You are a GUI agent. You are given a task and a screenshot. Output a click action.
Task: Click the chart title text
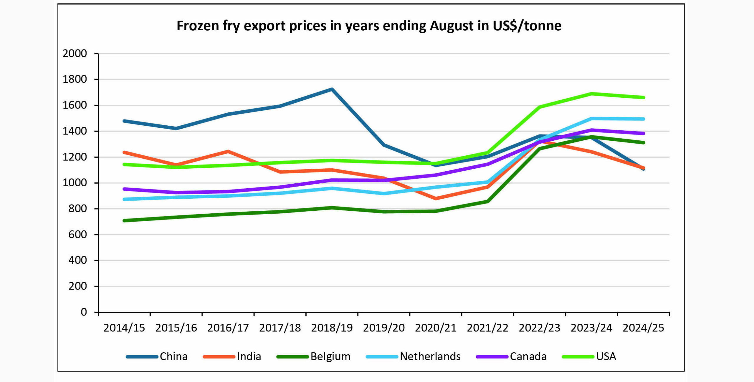[369, 26]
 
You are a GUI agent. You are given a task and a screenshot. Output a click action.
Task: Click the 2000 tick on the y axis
[75, 54]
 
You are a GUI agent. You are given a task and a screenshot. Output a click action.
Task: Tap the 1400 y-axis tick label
[75, 131]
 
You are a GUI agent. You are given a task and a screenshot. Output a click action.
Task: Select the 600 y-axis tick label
[78, 235]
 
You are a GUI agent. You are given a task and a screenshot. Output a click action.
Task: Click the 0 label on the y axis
[84, 312]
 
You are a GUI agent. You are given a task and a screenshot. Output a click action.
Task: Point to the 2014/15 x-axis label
[124, 328]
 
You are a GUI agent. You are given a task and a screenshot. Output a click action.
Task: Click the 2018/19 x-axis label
[332, 328]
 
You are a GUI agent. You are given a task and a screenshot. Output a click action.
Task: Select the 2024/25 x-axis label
[643, 328]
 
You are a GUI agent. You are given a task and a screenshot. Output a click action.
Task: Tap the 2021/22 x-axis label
[487, 328]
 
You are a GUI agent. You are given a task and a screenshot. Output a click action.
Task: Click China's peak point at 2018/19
[332, 89]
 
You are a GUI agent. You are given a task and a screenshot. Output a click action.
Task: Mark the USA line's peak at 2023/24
[591, 94]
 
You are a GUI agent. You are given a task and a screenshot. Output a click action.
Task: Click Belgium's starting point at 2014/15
[124, 220]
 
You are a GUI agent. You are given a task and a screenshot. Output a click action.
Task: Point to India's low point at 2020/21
[436, 198]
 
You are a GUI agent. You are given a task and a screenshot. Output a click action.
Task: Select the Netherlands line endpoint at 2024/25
[644, 119]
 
